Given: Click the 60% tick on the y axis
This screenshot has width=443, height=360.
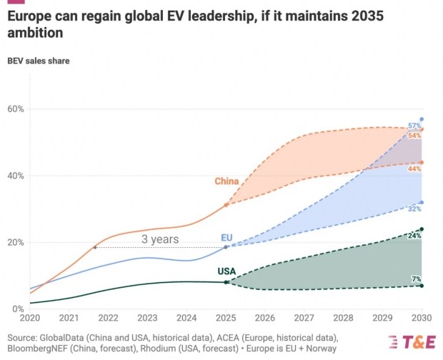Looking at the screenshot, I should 15,109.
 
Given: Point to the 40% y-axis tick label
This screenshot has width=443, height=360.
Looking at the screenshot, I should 15,176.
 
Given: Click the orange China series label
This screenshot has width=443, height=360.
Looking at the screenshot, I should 227,181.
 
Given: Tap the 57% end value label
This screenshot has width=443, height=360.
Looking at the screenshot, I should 414,126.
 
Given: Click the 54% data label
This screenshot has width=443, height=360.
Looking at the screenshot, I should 414,135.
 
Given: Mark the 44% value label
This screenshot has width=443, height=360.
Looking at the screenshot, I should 414,169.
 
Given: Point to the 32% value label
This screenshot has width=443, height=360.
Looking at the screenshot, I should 414,209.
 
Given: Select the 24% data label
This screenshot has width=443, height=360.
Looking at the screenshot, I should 414,235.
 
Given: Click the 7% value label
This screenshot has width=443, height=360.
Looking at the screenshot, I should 416,279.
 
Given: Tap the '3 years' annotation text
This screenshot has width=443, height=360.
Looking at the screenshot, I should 159,239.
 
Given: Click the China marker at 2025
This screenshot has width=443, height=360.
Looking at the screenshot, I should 227,204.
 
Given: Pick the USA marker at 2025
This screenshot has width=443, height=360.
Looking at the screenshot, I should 227,282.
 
